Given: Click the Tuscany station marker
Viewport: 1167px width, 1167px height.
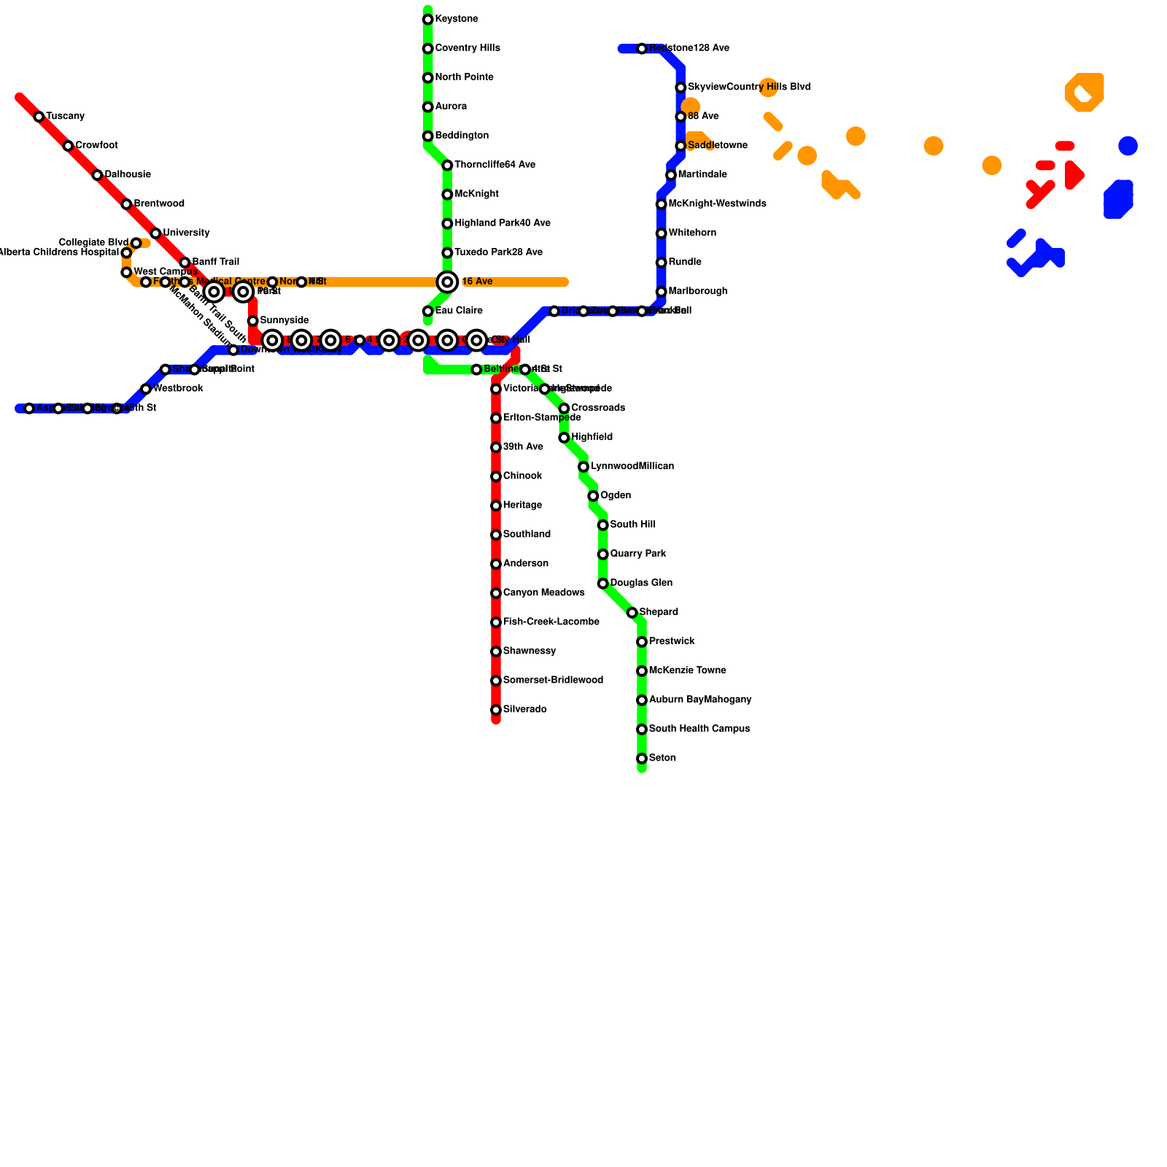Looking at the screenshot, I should tap(39, 117).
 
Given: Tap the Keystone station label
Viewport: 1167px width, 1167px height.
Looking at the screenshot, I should tap(457, 19).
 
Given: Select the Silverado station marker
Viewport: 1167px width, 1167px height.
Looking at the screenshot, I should tap(496, 710).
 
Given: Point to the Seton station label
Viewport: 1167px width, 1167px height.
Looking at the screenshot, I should tap(662, 759).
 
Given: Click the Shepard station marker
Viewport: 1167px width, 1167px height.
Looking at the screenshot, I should tap(632, 613).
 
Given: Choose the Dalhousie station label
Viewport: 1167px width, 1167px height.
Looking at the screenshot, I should tap(128, 175).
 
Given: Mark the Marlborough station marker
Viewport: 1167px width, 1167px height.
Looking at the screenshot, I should tap(662, 292).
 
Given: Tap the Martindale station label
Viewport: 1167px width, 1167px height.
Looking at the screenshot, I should tap(702, 175).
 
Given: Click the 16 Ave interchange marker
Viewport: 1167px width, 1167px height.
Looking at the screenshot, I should tap(447, 282).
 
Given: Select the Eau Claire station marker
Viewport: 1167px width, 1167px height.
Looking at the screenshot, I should tap(428, 311).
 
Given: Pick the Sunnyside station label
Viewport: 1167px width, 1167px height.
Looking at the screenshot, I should tap(284, 321).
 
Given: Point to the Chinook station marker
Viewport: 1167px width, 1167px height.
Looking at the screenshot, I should tap(496, 476).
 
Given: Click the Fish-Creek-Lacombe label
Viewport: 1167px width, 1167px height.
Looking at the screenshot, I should tap(551, 622).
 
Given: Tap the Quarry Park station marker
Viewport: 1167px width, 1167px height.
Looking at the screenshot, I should tap(603, 554).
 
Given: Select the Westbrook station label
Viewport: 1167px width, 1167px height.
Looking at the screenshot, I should tap(178, 389).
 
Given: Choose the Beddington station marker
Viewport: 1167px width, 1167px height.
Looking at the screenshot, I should tap(428, 136).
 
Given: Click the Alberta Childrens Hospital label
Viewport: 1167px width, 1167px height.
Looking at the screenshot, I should tap(58, 252).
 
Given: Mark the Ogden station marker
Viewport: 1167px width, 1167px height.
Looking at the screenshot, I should tap(594, 496).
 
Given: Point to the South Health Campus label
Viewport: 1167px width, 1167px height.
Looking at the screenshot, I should tap(699, 729).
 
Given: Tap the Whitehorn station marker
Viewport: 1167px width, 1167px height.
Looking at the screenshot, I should tap(662, 233).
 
